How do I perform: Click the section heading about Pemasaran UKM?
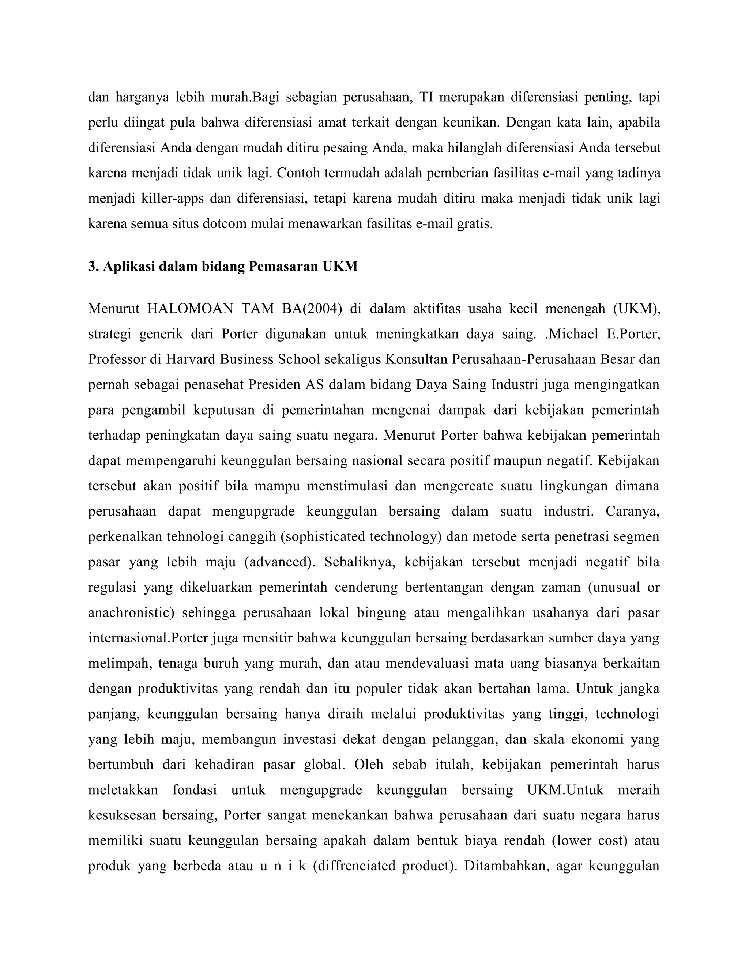[x=222, y=266]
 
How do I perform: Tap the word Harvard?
[x=191, y=359]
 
